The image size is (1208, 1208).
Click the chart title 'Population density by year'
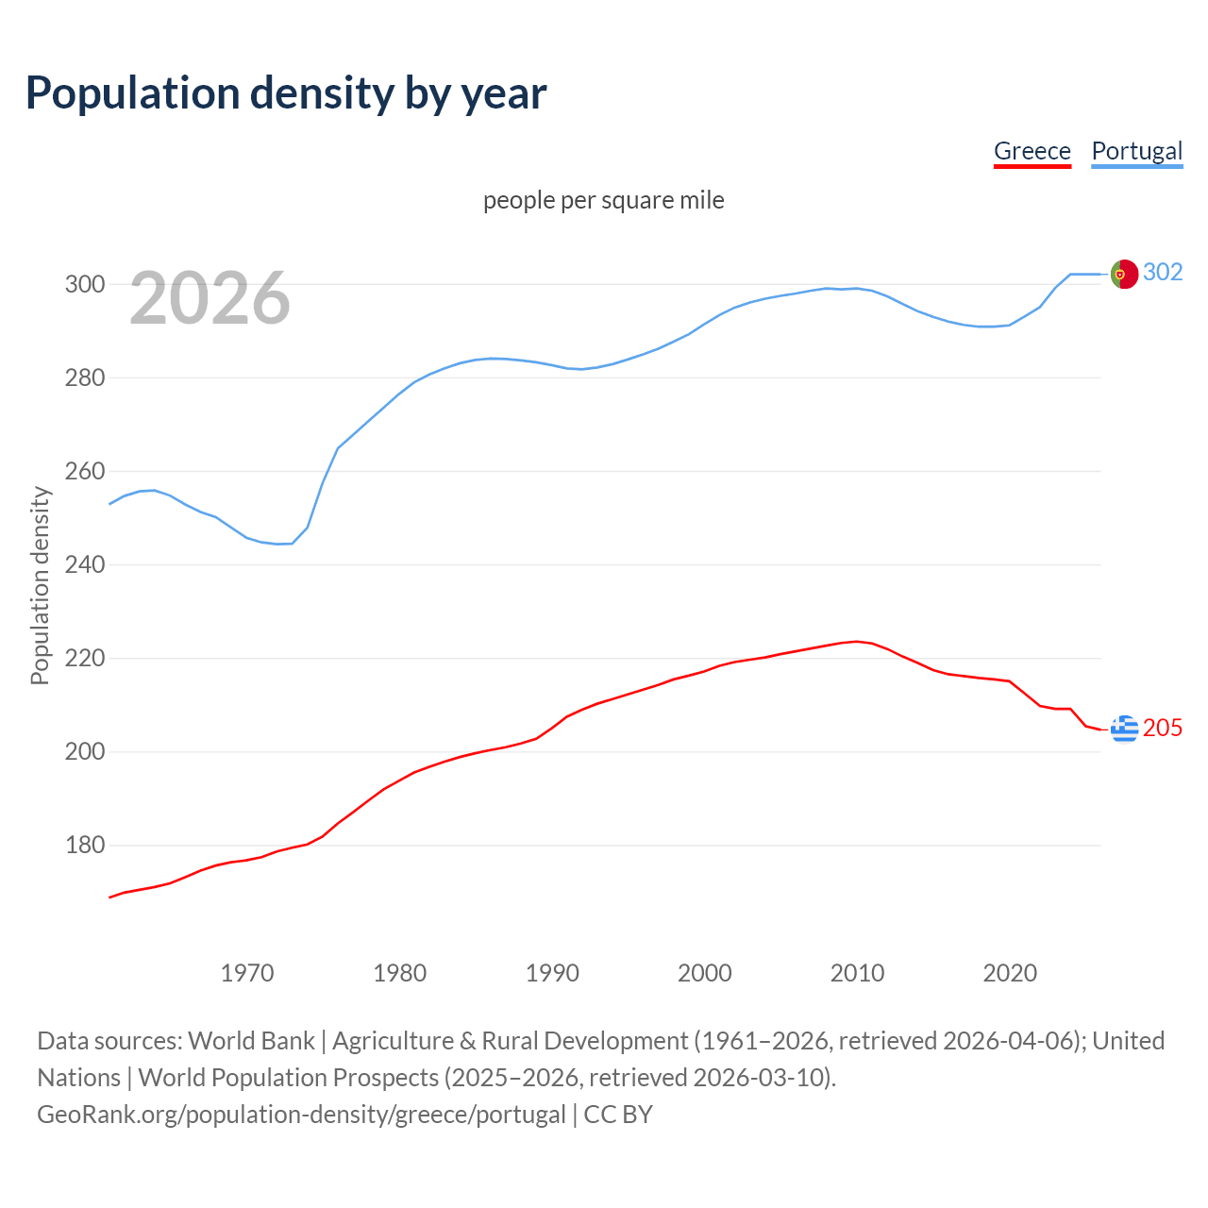(x=286, y=92)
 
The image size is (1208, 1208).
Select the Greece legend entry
(x=1032, y=151)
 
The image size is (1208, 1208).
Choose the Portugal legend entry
(x=1136, y=151)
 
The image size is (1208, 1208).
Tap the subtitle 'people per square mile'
(x=603, y=200)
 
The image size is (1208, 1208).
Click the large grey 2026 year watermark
(x=210, y=298)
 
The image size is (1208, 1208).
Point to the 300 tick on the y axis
(x=84, y=284)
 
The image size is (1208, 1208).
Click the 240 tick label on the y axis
(x=84, y=564)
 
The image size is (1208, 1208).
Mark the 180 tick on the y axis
(x=84, y=846)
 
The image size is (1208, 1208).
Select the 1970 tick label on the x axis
(x=247, y=972)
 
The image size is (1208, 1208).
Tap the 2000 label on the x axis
(x=705, y=972)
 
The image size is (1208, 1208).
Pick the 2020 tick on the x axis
(x=1010, y=972)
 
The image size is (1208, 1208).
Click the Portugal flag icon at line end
(x=1124, y=274)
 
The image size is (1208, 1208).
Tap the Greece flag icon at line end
(x=1124, y=729)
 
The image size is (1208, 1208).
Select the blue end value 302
(x=1163, y=272)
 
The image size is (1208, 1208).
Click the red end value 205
(x=1163, y=728)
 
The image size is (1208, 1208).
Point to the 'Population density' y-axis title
(x=40, y=585)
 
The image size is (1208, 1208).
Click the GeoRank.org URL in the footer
(x=301, y=1115)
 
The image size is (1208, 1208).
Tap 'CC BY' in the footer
(x=618, y=1115)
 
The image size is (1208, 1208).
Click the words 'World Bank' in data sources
(x=251, y=1041)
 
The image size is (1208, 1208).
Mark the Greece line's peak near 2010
(x=856, y=642)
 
